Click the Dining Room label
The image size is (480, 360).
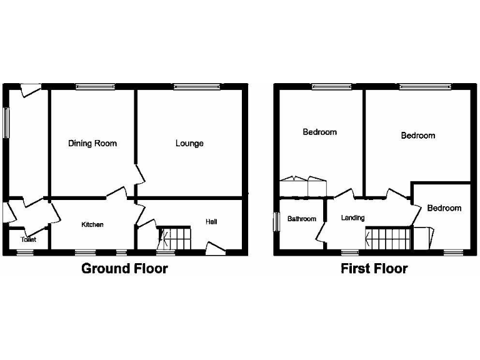click(x=92, y=144)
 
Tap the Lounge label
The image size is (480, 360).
click(x=189, y=144)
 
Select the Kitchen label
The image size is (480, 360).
click(x=92, y=224)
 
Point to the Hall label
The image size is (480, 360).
click(x=211, y=222)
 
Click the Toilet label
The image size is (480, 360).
click(x=28, y=239)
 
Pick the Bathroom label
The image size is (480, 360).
click(x=301, y=219)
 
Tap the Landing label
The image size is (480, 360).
click(x=352, y=218)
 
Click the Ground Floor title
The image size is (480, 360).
click(x=125, y=269)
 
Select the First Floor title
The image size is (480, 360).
click(x=374, y=269)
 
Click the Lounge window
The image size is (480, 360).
click(x=196, y=86)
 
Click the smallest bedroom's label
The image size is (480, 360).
click(x=444, y=208)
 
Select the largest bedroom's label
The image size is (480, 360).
click(x=417, y=136)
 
